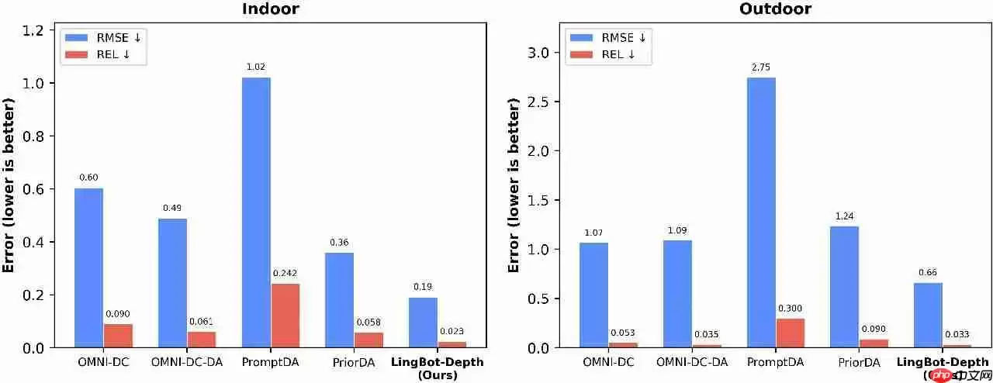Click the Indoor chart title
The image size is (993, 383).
click(x=271, y=9)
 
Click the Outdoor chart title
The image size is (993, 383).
click(x=777, y=9)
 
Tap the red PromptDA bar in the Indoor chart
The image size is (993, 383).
click(x=285, y=315)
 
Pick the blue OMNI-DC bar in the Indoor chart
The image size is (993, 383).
click(x=89, y=267)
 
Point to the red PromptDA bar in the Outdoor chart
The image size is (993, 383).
click(x=790, y=333)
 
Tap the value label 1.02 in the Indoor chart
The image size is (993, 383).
click(x=257, y=67)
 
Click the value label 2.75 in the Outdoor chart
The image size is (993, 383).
click(x=761, y=67)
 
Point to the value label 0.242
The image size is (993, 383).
click(x=285, y=273)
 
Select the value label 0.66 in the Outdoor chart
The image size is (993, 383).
click(x=928, y=272)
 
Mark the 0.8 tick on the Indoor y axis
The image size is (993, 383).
click(x=33, y=136)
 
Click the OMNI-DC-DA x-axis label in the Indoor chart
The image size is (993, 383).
click(x=186, y=362)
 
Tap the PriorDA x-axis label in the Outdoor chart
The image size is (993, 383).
click(x=859, y=362)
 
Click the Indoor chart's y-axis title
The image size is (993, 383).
click(x=9, y=185)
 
